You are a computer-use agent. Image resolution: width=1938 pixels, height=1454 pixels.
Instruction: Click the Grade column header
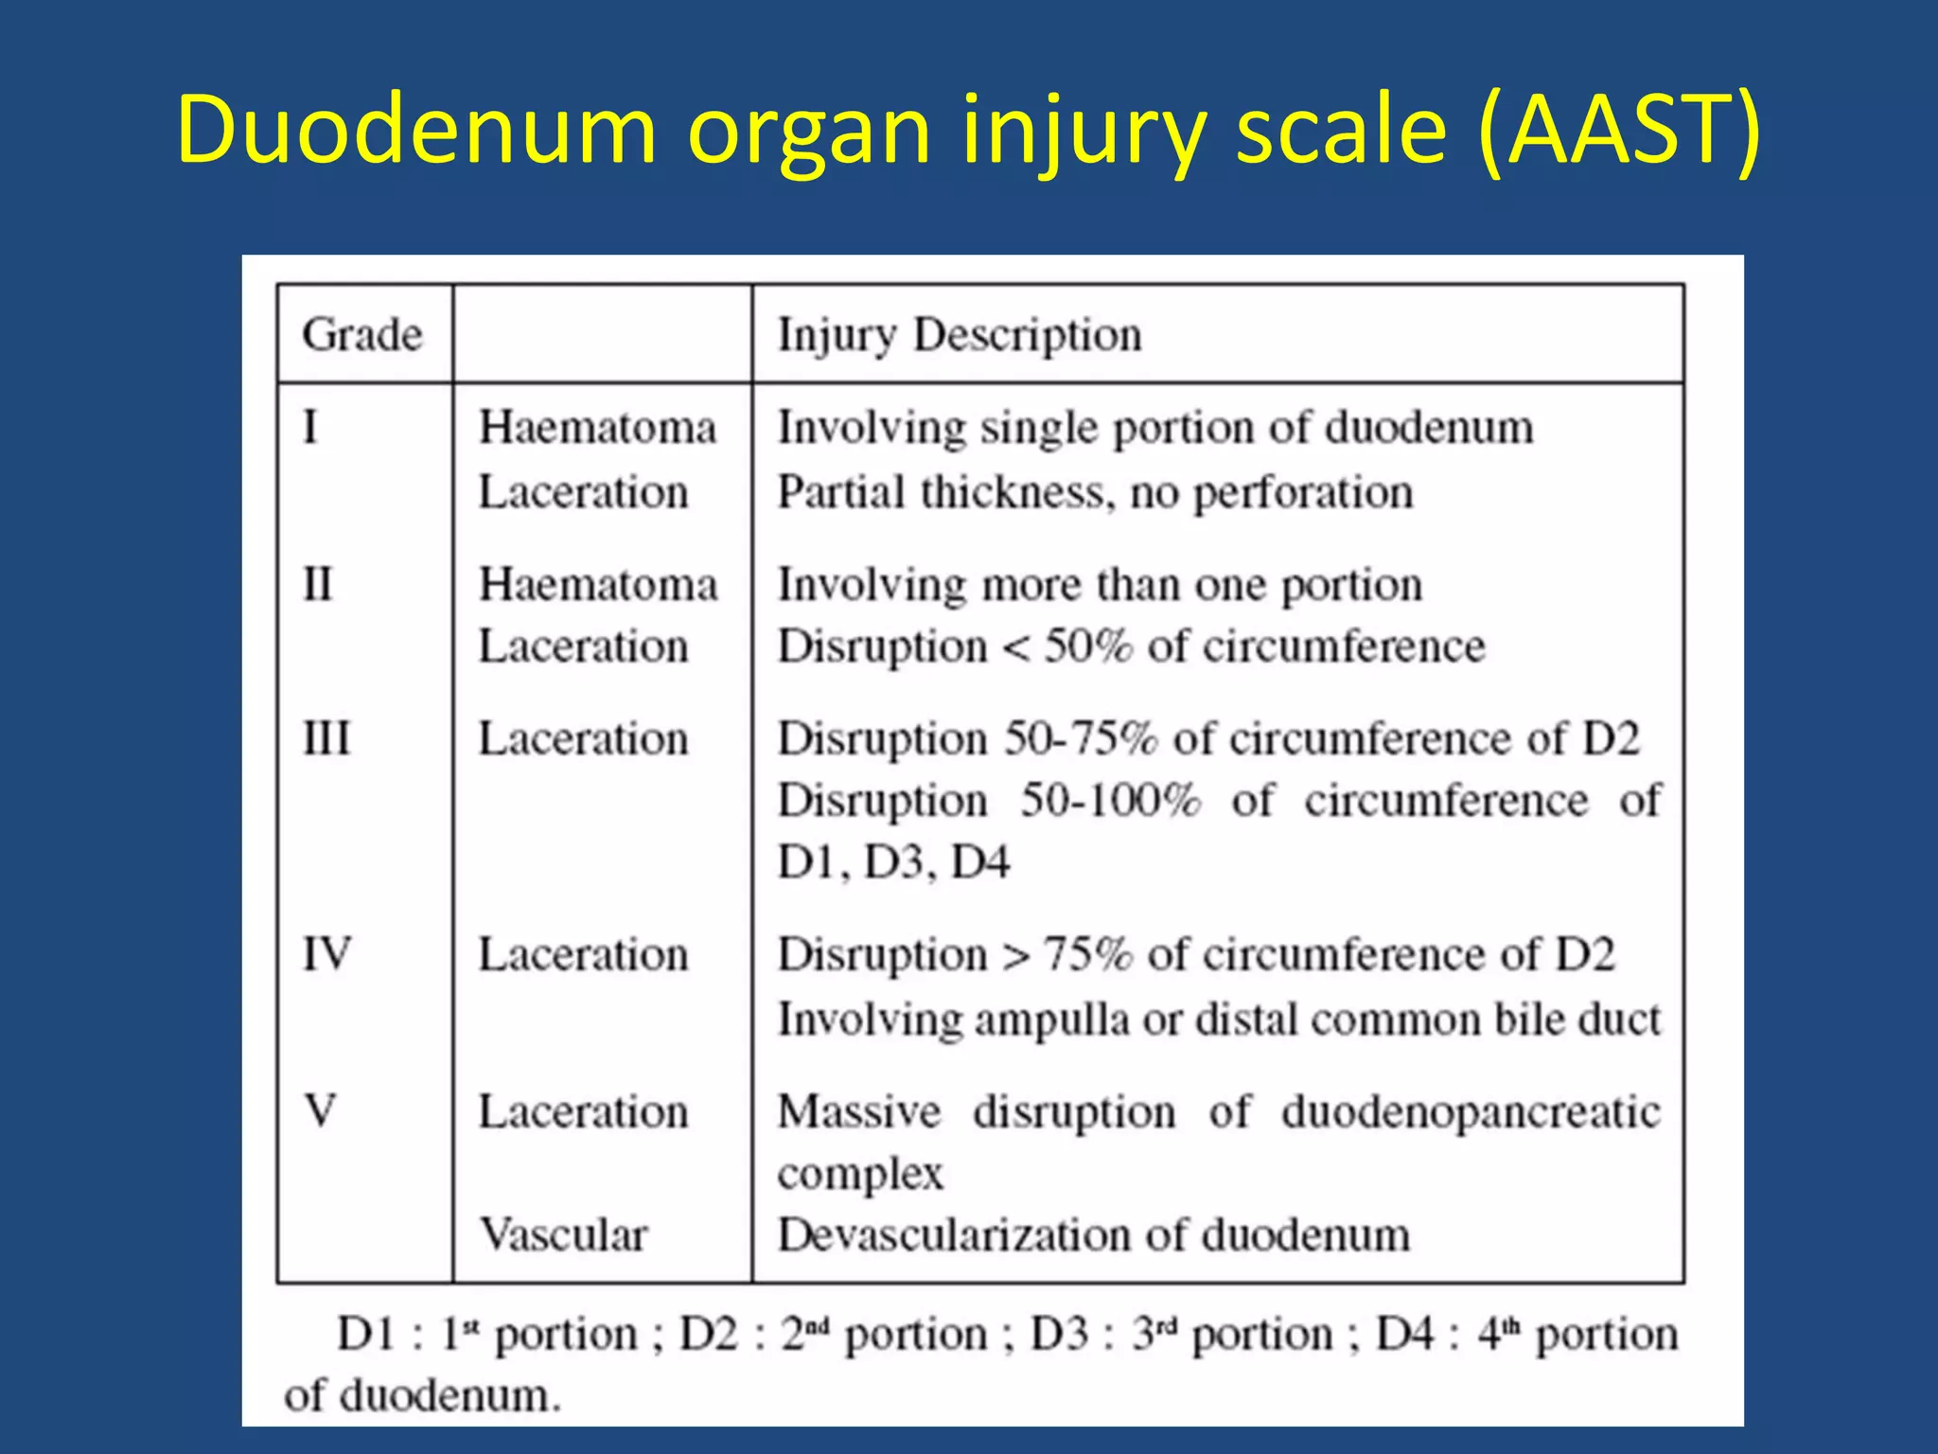click(x=361, y=335)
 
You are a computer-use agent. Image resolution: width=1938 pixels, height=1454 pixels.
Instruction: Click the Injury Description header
click(x=960, y=335)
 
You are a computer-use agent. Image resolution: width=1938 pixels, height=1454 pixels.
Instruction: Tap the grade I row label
click(x=310, y=427)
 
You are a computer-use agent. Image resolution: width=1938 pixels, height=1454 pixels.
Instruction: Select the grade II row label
click(x=318, y=584)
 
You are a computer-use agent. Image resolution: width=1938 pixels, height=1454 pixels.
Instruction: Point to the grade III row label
click(x=326, y=738)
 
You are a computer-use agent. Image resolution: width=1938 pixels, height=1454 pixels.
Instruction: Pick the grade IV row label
click(x=326, y=953)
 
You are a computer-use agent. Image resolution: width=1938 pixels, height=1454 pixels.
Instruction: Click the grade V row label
click(x=320, y=1110)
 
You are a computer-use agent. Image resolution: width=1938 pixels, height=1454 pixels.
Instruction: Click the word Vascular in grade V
click(x=563, y=1234)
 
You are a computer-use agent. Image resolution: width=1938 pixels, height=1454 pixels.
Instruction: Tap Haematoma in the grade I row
click(x=597, y=427)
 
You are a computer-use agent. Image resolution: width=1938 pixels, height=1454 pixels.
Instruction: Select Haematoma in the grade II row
click(x=597, y=584)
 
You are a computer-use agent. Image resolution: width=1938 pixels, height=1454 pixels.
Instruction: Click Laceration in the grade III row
click(x=583, y=738)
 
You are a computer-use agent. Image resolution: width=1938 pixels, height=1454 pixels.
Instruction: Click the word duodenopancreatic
click(x=1471, y=1111)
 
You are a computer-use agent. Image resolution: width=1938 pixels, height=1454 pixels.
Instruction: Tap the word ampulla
click(x=1051, y=1020)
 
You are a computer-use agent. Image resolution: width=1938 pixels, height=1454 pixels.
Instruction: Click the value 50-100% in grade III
click(x=1110, y=801)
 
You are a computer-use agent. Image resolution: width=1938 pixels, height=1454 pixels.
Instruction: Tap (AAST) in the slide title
click(x=1619, y=130)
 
